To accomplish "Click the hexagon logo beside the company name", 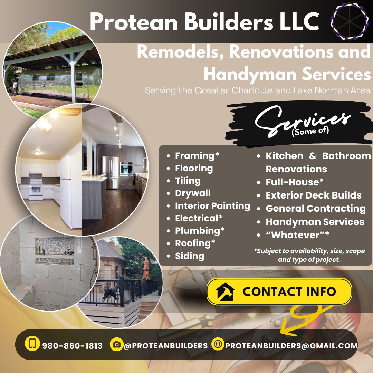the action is pos(349,21).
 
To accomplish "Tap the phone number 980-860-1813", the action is pos(72,346).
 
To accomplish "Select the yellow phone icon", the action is pos(32,343).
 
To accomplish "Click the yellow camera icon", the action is pos(117,344).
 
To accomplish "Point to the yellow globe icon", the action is pos(218,344).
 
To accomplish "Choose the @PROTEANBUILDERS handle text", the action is pos(166,346).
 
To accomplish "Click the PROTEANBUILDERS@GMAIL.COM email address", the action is pos(291,346).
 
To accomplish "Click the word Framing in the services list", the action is pos(195,156).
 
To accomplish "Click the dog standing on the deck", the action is pos(111,295).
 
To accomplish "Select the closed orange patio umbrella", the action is pos(146,269).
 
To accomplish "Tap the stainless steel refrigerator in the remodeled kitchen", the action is pos(111,172).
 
